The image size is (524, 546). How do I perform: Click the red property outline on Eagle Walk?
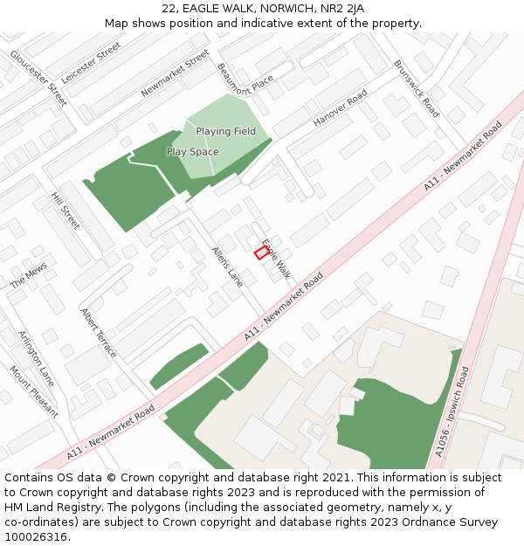click(261, 252)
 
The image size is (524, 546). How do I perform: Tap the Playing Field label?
click(225, 131)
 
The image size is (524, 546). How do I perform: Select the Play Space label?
click(192, 152)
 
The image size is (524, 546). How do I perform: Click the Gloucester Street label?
click(38, 78)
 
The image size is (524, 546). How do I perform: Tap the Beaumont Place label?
click(245, 80)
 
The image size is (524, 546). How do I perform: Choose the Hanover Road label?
click(341, 111)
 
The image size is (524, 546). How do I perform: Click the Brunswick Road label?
click(416, 88)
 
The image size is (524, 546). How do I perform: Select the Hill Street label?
click(65, 211)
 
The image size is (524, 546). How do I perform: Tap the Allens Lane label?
click(227, 266)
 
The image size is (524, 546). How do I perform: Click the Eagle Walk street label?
click(276, 259)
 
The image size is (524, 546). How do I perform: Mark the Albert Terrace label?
click(99, 332)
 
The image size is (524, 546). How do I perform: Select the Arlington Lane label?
click(36, 358)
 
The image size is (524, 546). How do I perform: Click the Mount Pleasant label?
click(34, 392)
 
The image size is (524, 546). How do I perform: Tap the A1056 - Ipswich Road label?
click(452, 411)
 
